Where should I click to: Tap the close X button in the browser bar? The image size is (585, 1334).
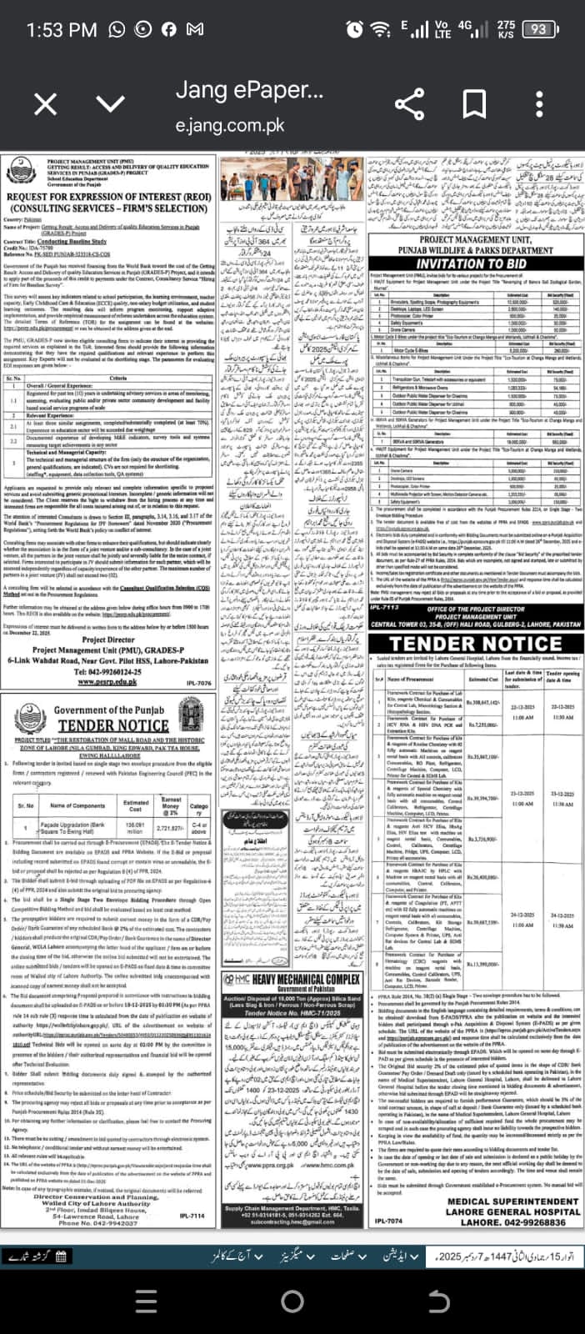tap(46, 104)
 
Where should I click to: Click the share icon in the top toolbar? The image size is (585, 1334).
tap(408, 104)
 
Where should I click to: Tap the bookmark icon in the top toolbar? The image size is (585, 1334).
tap(474, 104)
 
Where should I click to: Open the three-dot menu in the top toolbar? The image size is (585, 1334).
tap(540, 104)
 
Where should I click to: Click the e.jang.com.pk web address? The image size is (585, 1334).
tap(230, 127)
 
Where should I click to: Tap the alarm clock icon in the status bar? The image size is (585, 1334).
tap(354, 29)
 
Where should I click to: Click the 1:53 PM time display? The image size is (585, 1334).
tap(62, 30)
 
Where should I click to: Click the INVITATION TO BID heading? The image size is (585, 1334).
tap(471, 263)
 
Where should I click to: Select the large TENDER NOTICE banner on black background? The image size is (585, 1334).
tap(476, 644)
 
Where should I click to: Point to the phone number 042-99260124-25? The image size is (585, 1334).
tap(108, 671)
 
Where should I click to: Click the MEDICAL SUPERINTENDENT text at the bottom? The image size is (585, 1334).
tap(512, 1201)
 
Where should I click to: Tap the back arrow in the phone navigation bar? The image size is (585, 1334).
tap(437, 1301)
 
